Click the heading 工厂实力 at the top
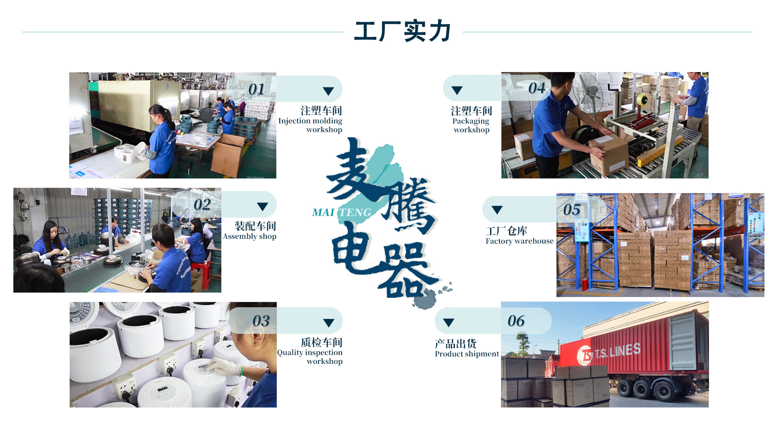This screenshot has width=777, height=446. [x=403, y=31]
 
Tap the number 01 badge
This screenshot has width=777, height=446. [x=257, y=89]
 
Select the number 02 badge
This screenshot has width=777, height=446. [x=202, y=204]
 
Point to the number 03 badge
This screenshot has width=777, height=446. [x=261, y=321]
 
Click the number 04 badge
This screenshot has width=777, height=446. [x=537, y=88]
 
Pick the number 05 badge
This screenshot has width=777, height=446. [x=571, y=210]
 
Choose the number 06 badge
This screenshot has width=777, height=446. [x=516, y=321]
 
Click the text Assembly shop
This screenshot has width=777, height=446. [x=250, y=236]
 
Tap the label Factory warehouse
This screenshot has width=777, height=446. [x=519, y=241]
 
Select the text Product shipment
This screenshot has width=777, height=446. [x=467, y=354]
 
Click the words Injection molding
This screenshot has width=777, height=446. [x=310, y=121]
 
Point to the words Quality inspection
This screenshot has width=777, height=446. [x=310, y=353]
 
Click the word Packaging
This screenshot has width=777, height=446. [x=471, y=121]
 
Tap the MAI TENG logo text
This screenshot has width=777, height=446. [x=342, y=212]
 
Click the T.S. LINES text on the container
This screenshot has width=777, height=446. [x=618, y=351]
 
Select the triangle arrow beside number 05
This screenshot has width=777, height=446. [x=497, y=210]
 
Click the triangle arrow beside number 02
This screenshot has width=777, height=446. [x=263, y=206]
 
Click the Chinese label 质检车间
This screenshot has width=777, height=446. [x=321, y=342]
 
